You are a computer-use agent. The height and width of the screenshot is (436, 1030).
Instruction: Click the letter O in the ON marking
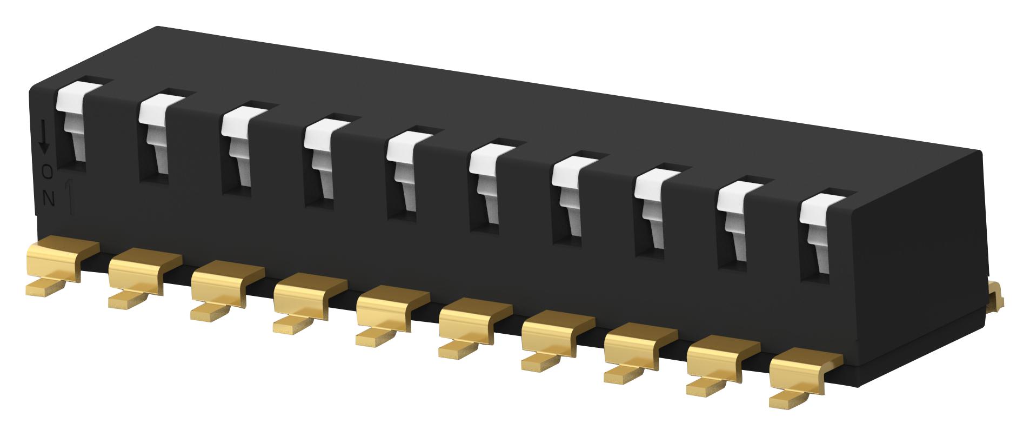(x=48, y=172)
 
